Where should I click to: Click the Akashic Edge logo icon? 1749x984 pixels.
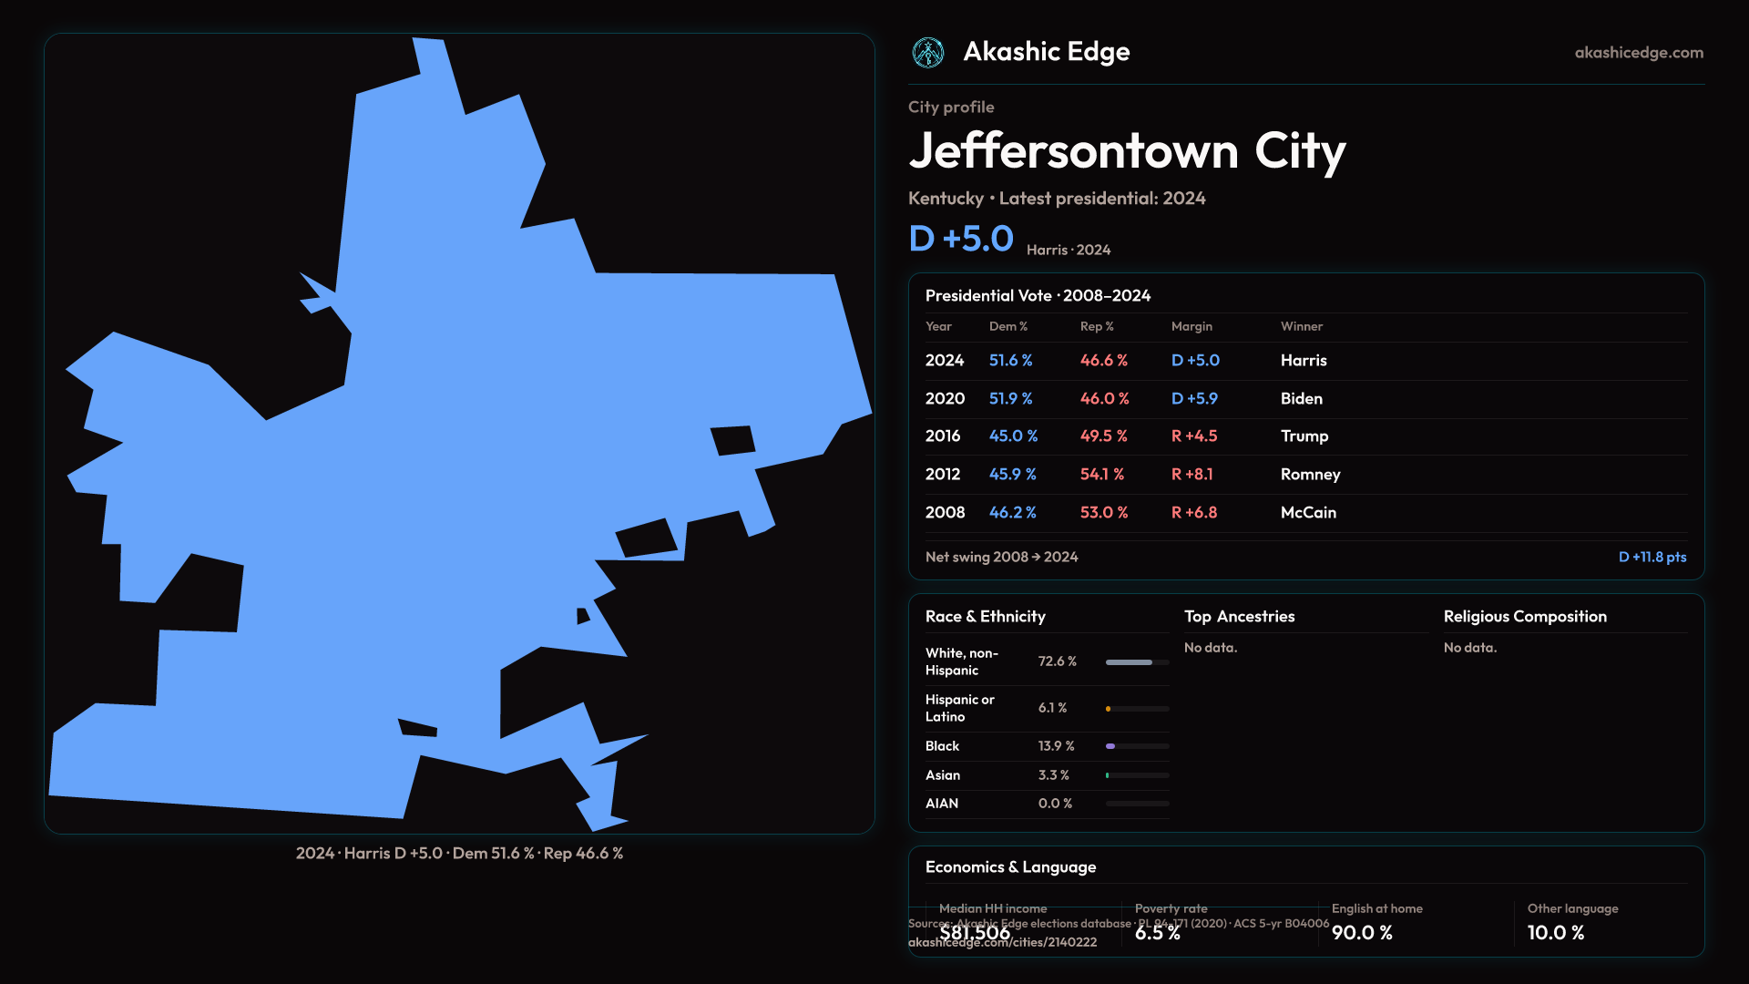pyautogui.click(x=928, y=53)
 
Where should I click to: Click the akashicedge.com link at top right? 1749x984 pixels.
pyautogui.click(x=1639, y=53)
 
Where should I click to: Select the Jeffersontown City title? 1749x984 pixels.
pyautogui.click(x=1127, y=151)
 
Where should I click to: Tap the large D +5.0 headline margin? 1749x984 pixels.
pyautogui.click(x=961, y=239)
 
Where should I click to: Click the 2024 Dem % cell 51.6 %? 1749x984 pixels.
pyautogui.click(x=1010, y=361)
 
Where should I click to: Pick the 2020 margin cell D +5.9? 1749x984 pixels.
pyautogui.click(x=1194, y=399)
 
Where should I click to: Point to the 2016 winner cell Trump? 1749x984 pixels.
pyautogui.click(x=1304, y=436)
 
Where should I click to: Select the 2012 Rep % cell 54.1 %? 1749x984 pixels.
pyautogui.click(x=1102, y=475)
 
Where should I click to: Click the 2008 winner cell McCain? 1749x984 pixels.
pyautogui.click(x=1308, y=513)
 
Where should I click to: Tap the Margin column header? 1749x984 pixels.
pyautogui.click(x=1192, y=326)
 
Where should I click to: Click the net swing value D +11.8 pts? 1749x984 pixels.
pyautogui.click(x=1652, y=558)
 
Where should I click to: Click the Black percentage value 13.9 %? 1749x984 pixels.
pyautogui.click(x=1056, y=746)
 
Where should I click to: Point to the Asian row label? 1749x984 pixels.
pyautogui.click(x=943, y=775)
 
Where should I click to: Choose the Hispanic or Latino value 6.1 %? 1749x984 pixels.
pyautogui.click(x=1052, y=708)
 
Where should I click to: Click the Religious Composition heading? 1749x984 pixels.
pyautogui.click(x=1525, y=617)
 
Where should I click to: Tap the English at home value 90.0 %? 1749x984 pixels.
pyautogui.click(x=1362, y=933)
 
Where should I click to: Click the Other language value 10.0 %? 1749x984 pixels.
pyautogui.click(x=1556, y=933)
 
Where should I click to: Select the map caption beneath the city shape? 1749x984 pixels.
pyautogui.click(x=459, y=854)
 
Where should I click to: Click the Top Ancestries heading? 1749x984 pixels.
pyautogui.click(x=1239, y=617)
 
